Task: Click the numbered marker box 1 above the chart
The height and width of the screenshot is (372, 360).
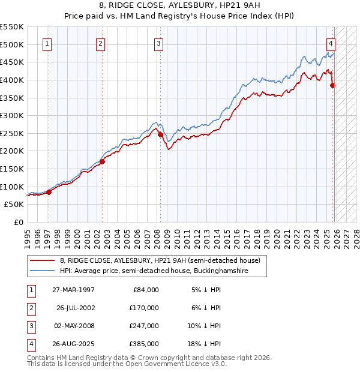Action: pos(47,43)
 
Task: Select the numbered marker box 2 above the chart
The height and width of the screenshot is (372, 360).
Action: pos(100,43)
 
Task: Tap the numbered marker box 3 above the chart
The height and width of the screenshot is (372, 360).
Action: pos(158,43)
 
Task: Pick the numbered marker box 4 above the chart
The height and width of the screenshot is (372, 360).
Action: pos(331,43)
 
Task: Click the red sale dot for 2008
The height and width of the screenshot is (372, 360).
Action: pos(160,135)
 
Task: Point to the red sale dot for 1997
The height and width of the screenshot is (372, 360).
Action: pos(49,192)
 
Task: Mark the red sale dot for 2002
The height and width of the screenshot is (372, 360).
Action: pos(102,161)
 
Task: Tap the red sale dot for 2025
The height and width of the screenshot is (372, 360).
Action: pos(333,85)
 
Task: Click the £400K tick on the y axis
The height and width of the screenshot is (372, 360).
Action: pos(12,80)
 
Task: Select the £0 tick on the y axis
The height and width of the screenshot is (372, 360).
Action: pos(18,222)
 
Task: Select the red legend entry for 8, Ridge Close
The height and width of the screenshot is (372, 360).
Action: pos(160,261)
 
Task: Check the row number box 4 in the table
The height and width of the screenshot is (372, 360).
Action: pos(31,344)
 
